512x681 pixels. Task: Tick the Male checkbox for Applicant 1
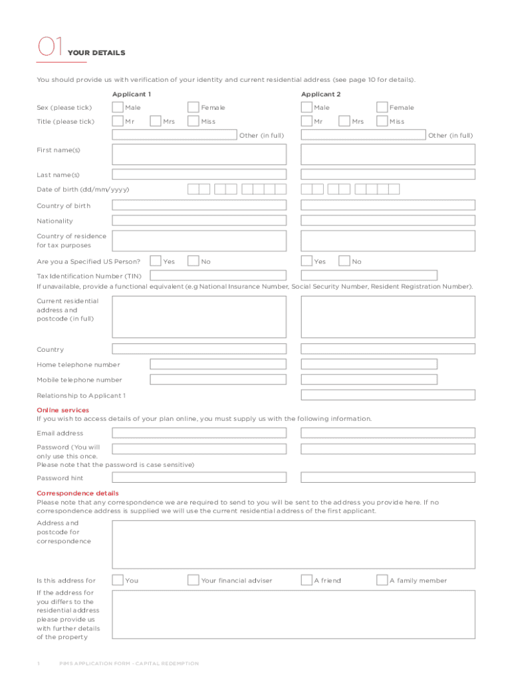118,107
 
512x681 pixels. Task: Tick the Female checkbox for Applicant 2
382,107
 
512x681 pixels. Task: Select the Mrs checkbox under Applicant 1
156,121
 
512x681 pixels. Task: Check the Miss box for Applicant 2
382,121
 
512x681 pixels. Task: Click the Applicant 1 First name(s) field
199,154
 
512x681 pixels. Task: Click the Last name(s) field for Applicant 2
388,174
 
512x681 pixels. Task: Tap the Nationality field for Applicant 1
199,221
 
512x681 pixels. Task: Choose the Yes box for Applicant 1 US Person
156,261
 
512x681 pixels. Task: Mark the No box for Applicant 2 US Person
344,261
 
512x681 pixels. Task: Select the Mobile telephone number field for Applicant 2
369,380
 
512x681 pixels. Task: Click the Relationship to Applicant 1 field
388,395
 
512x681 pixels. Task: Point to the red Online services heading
63,410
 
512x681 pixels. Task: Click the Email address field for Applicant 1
199,433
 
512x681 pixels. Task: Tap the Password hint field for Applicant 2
388,477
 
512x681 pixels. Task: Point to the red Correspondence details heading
78,493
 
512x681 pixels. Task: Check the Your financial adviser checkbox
193,580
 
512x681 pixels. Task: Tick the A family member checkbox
382,580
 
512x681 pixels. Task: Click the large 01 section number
50,47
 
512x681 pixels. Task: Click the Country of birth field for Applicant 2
388,205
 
